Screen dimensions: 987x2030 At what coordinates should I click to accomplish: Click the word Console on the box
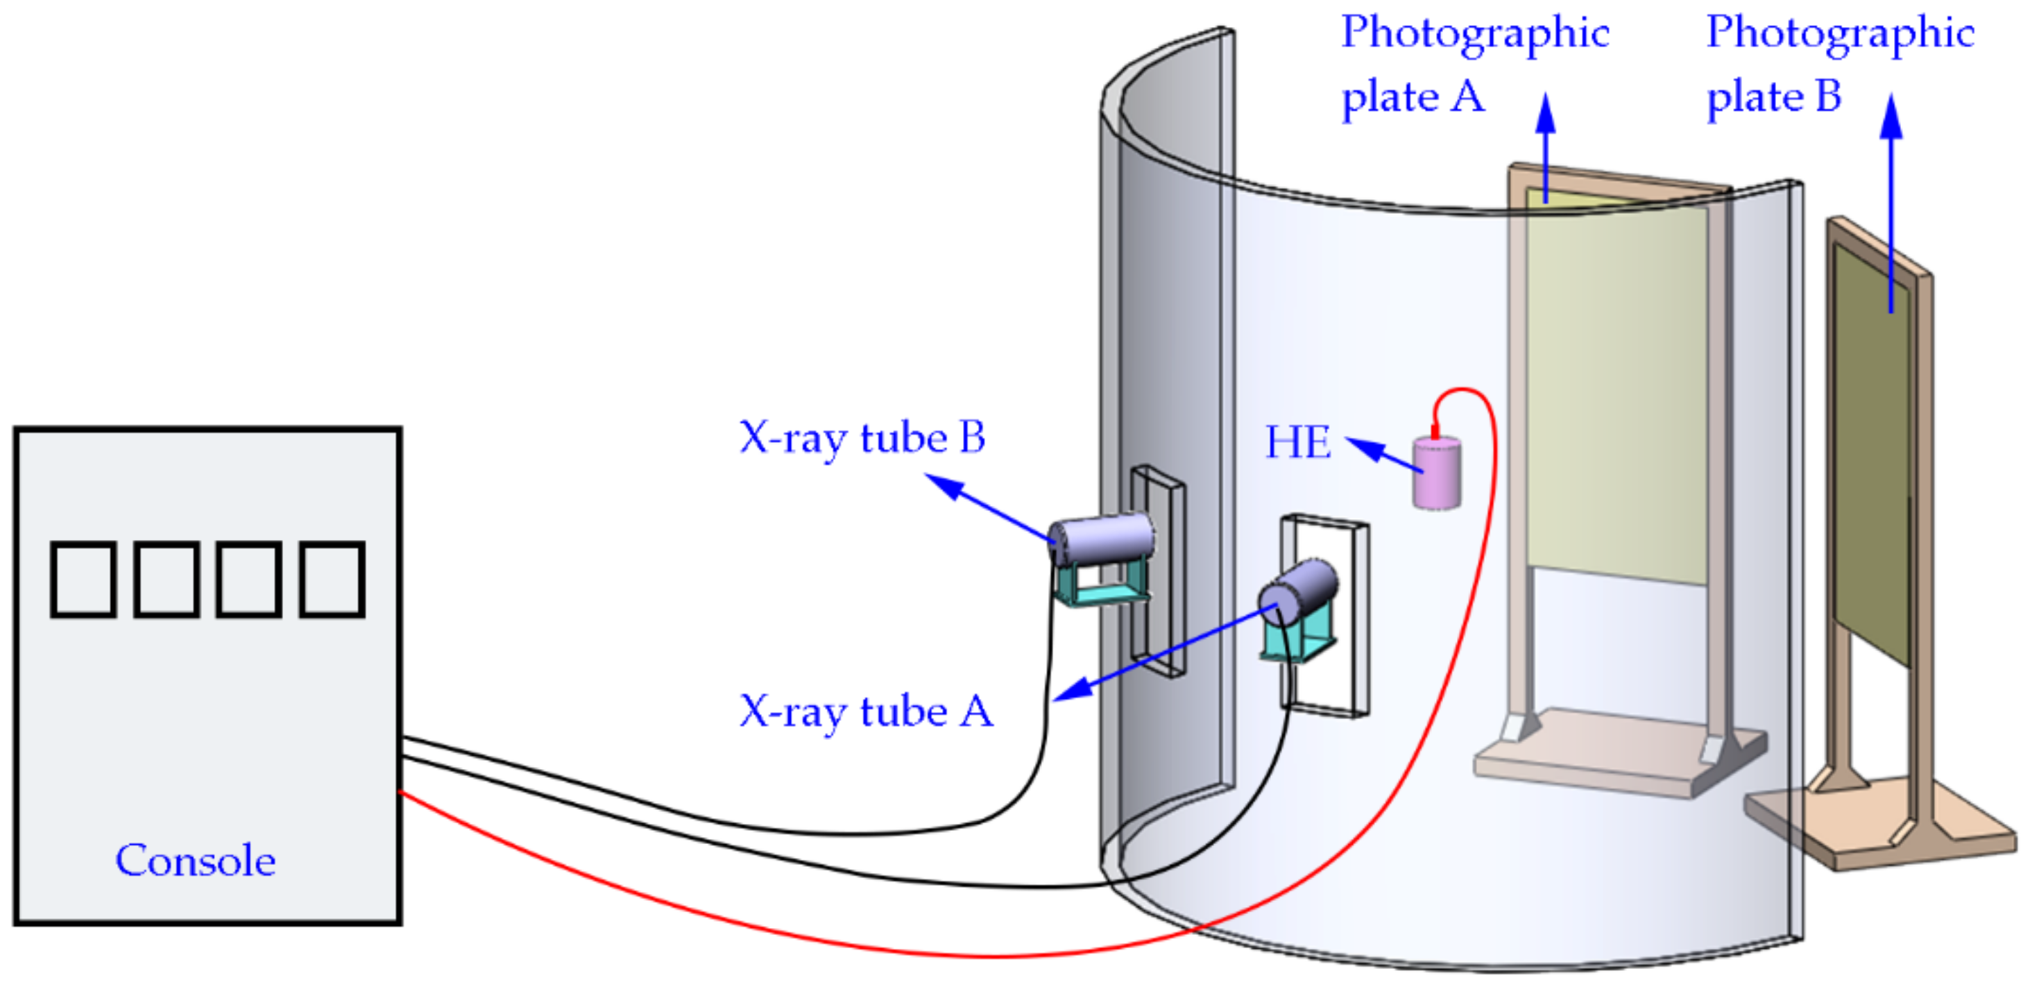[x=196, y=860]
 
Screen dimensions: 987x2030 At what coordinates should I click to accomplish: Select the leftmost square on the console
[x=83, y=580]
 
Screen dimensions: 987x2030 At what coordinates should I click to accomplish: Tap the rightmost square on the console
[x=332, y=580]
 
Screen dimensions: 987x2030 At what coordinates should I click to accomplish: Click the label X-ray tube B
[x=862, y=437]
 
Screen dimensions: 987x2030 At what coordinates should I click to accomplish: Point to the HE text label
[x=1298, y=442]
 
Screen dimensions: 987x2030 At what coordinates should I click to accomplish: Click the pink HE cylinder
[x=1437, y=474]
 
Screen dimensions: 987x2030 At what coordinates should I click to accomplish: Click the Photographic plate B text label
[x=1839, y=65]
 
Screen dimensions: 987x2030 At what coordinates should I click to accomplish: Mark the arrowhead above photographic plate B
[x=1891, y=115]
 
